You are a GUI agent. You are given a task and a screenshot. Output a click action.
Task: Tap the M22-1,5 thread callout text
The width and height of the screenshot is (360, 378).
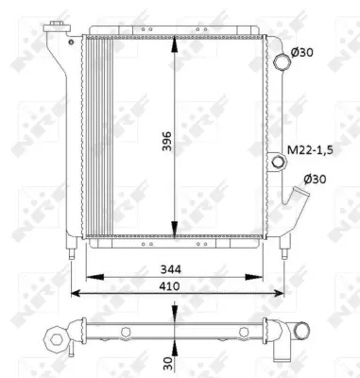coord(307,150)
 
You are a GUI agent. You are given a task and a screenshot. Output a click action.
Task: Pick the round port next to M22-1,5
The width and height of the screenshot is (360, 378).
coord(278,163)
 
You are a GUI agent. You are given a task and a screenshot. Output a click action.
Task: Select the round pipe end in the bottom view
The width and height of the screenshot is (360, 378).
coord(300,331)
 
